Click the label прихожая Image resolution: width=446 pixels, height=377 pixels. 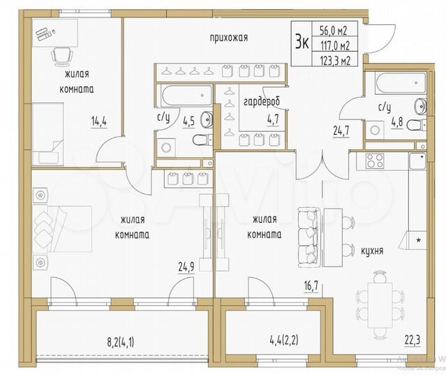pyautogui.click(x=228, y=37)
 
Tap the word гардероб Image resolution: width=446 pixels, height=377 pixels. pyautogui.click(x=261, y=101)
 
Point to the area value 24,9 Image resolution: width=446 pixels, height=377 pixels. pyautogui.click(x=186, y=265)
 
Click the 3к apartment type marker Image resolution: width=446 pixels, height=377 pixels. pyautogui.click(x=302, y=41)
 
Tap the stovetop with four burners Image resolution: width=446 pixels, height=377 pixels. pyautogui.click(x=375, y=161)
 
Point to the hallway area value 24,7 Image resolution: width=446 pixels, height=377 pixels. pyautogui.click(x=337, y=128)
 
